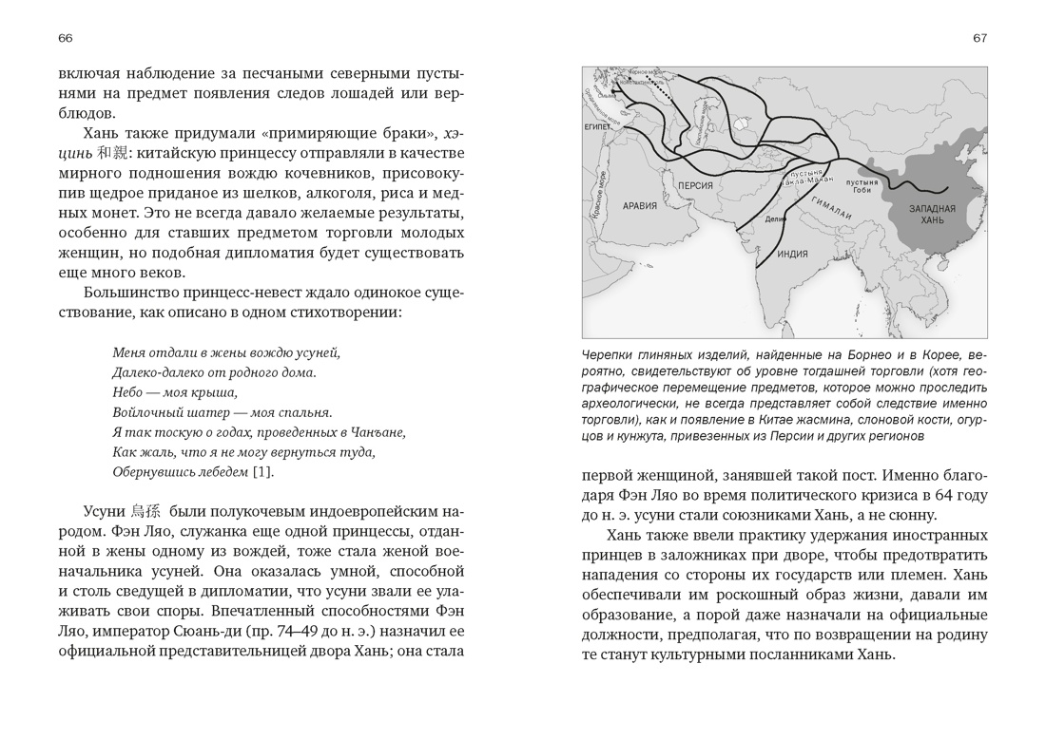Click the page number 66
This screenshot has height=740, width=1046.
point(65,38)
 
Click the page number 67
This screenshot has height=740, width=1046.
point(979,38)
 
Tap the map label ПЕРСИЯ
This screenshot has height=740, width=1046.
point(697,183)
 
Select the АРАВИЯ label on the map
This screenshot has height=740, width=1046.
point(640,205)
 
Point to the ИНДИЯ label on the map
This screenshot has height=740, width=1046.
point(793,254)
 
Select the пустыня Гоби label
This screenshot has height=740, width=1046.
point(862,181)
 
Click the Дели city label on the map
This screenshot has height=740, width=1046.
point(773,218)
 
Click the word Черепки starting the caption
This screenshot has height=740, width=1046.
point(609,355)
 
